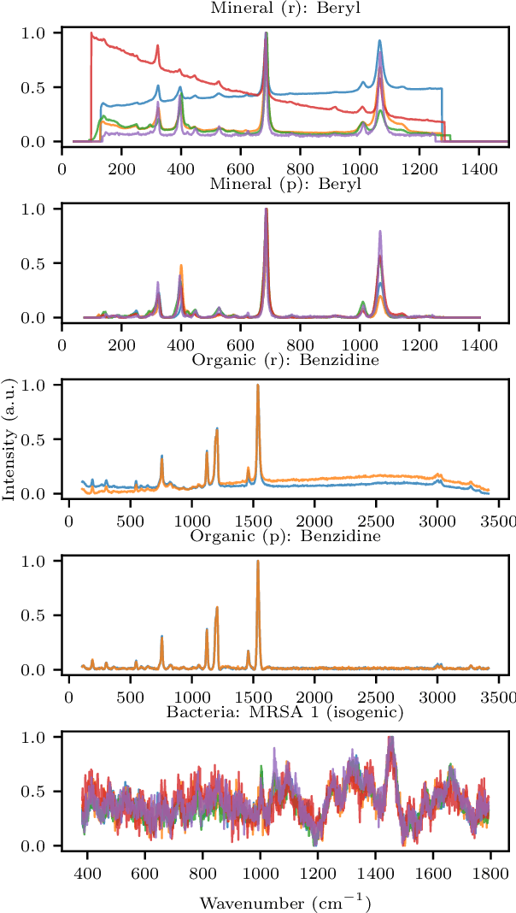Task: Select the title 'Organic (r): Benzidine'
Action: [x=285, y=360]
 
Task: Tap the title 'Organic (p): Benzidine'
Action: [x=285, y=536]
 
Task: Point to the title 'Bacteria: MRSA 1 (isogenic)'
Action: [x=285, y=712]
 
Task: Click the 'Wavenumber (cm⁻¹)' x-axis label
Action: [x=285, y=902]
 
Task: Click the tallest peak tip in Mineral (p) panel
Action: [x=267, y=209]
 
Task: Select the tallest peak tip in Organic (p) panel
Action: [x=258, y=561]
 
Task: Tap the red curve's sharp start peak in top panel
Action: [x=91, y=33]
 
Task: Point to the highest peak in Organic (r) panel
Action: [x=258, y=385]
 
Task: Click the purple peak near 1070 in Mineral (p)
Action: [x=380, y=231]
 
